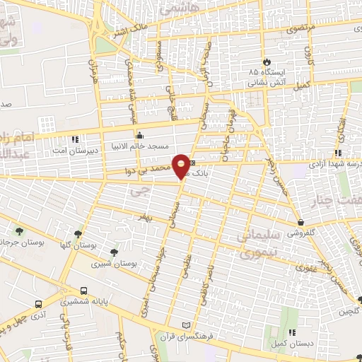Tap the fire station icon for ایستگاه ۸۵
(267, 62)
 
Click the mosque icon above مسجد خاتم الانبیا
(139, 135)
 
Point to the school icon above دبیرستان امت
(76, 138)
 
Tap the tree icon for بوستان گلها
(78, 233)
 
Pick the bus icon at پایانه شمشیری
(84, 291)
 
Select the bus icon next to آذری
(39, 304)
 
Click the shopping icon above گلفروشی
(300, 222)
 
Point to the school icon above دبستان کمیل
(291, 332)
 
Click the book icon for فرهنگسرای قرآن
(187, 324)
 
